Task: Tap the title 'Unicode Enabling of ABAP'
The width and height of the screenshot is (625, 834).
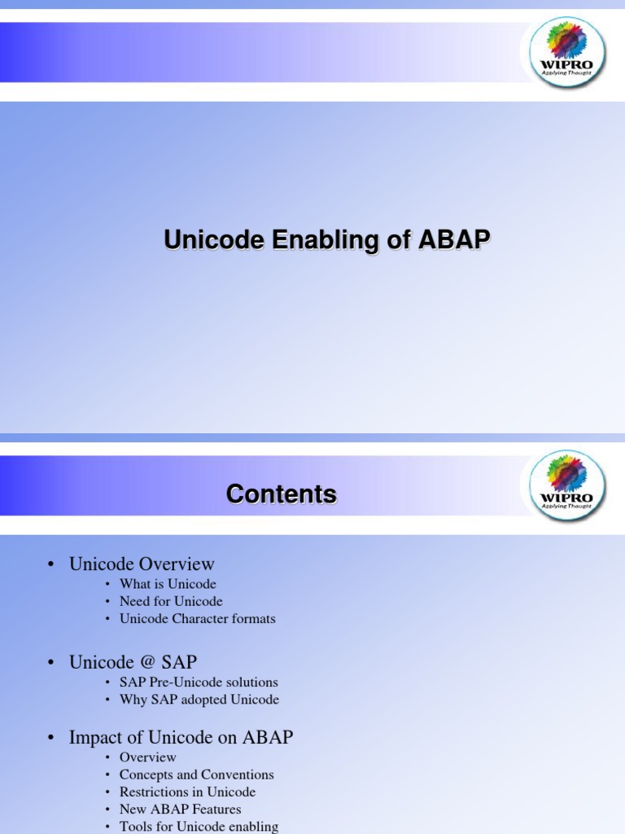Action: click(x=327, y=240)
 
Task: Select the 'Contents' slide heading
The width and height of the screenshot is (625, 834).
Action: click(x=282, y=494)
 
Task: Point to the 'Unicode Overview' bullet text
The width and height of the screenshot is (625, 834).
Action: click(x=142, y=564)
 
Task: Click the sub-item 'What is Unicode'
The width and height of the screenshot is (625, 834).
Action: click(x=168, y=584)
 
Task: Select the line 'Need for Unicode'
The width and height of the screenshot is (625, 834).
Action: click(x=171, y=601)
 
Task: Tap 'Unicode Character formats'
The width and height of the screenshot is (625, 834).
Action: click(x=197, y=619)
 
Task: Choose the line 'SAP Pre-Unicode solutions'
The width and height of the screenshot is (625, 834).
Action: click(x=199, y=683)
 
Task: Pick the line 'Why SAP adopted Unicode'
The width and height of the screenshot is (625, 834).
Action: click(x=199, y=700)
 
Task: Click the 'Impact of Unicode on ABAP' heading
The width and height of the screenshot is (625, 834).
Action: click(x=181, y=738)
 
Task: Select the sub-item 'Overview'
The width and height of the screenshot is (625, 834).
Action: click(x=147, y=757)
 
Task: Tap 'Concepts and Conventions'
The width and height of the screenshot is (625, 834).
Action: click(x=196, y=775)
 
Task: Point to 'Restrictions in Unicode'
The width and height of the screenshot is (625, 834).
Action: click(x=187, y=792)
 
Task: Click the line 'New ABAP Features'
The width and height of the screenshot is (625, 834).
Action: click(x=180, y=810)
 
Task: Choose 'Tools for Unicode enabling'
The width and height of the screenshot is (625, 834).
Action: click(x=199, y=827)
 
